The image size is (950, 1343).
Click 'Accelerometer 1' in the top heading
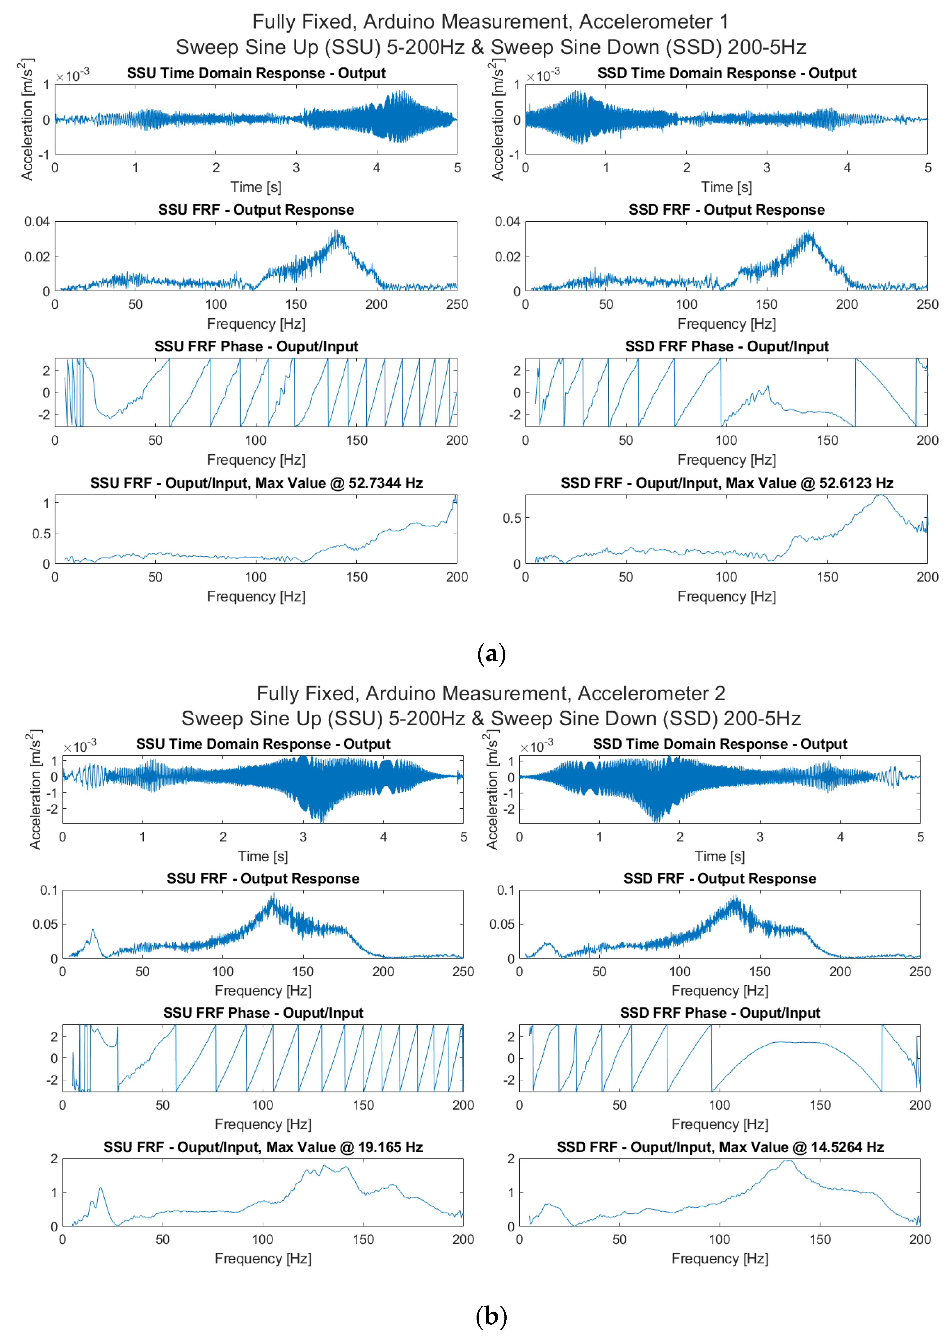point(654,22)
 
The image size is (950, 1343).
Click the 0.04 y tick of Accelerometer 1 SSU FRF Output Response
point(36,221)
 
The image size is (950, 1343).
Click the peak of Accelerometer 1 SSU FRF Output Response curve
point(337,232)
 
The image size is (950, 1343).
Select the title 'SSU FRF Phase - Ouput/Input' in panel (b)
point(263,1013)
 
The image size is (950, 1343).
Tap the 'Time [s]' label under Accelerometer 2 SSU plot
point(263,856)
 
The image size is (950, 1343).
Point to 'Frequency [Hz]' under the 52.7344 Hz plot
point(256,597)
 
